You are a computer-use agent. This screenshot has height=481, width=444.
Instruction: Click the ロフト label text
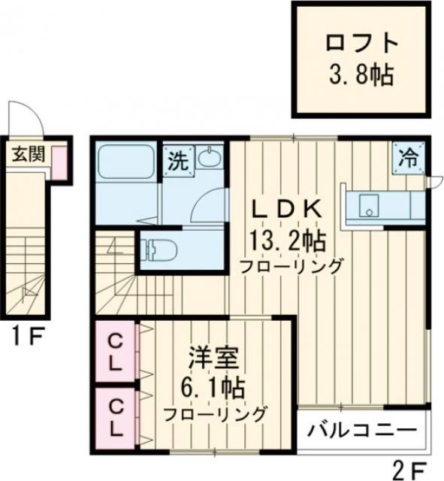click(x=360, y=41)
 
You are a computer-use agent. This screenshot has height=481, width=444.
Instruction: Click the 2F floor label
click(x=409, y=469)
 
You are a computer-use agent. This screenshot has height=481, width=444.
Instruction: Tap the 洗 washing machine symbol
click(x=177, y=159)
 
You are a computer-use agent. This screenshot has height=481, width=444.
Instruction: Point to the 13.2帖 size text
click(x=287, y=240)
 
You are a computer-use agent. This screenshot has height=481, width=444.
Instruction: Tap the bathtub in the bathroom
click(x=125, y=162)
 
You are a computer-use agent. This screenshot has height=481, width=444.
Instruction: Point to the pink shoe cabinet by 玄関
click(x=58, y=162)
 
